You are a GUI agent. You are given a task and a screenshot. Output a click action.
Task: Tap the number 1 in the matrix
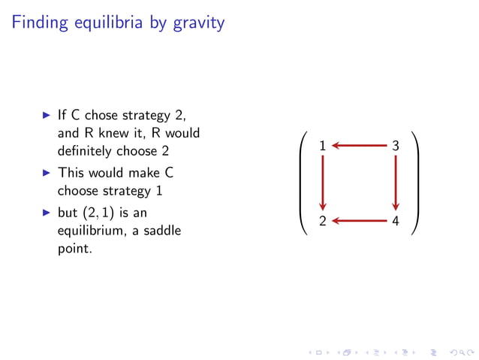322,146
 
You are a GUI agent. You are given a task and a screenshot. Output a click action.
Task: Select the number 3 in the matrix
396,146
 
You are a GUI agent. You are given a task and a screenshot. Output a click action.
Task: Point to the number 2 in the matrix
322,221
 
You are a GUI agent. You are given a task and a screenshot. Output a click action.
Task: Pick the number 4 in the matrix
396,221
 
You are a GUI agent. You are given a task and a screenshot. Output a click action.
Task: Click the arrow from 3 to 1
359,146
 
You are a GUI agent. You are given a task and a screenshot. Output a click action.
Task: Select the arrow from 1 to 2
323,183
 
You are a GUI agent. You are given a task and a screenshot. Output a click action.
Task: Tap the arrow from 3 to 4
396,183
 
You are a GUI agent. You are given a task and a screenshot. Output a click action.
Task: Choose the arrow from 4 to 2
359,221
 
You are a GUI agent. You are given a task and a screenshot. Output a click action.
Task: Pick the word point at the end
74,247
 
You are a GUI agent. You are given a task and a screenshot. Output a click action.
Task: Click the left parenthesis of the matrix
303,183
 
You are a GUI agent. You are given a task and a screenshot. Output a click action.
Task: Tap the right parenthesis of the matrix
414,183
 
